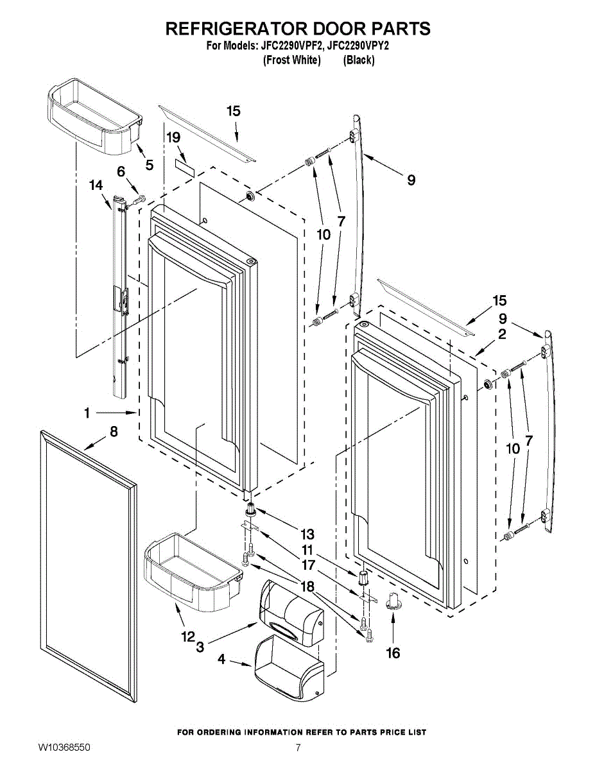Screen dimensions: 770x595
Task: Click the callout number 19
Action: pos(173,137)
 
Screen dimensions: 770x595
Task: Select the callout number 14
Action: pos(96,185)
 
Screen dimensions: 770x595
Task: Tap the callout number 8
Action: pos(114,432)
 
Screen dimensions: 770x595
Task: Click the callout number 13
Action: pos(307,533)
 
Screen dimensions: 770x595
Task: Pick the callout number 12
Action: pos(187,637)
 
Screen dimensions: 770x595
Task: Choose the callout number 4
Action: pos(221,658)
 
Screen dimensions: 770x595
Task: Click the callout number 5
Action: pos(149,165)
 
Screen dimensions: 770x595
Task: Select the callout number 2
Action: pos(502,334)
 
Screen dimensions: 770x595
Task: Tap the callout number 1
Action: pos(87,413)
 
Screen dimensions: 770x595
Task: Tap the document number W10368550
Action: pos(64,748)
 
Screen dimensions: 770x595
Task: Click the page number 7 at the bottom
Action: pos(298,748)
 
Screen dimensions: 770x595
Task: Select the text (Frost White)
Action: pos(291,60)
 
